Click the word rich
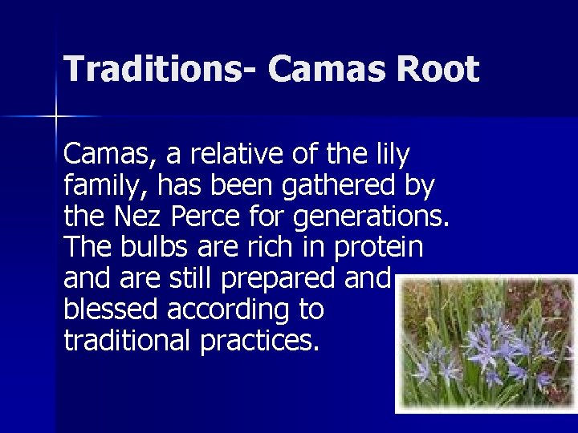point(271,248)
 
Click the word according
point(234,310)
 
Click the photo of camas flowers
point(486,342)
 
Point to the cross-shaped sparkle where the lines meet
point(55,117)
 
